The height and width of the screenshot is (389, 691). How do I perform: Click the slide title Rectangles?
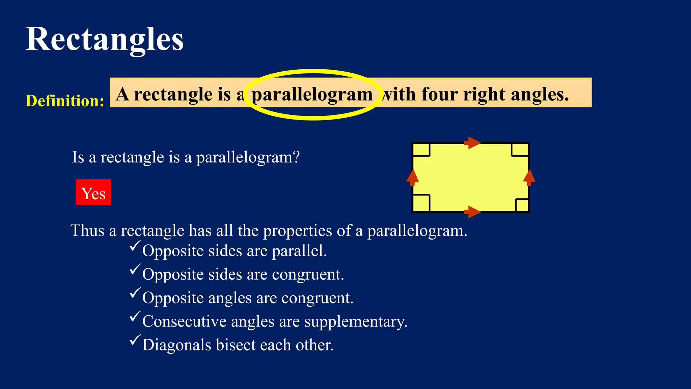(105, 40)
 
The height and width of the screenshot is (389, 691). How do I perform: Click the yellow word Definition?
(65, 101)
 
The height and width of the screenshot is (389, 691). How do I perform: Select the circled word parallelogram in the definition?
(312, 95)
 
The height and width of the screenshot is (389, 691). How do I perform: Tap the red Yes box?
(93, 192)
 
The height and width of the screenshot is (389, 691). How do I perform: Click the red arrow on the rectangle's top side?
(472, 143)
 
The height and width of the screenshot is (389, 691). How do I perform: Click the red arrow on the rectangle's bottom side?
(472, 212)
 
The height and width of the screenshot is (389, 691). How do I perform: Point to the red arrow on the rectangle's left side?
(412, 178)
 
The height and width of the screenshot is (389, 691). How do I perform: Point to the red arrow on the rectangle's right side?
(529, 178)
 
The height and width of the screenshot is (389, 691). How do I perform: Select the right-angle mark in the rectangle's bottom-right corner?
(522, 205)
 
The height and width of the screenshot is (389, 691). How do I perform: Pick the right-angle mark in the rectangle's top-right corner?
(520, 150)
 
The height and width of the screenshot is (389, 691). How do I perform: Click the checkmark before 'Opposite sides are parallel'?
(135, 246)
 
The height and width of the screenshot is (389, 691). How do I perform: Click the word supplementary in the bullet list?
(356, 321)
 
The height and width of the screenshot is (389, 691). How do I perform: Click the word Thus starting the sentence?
(87, 231)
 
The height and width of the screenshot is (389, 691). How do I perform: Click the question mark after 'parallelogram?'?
(296, 157)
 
